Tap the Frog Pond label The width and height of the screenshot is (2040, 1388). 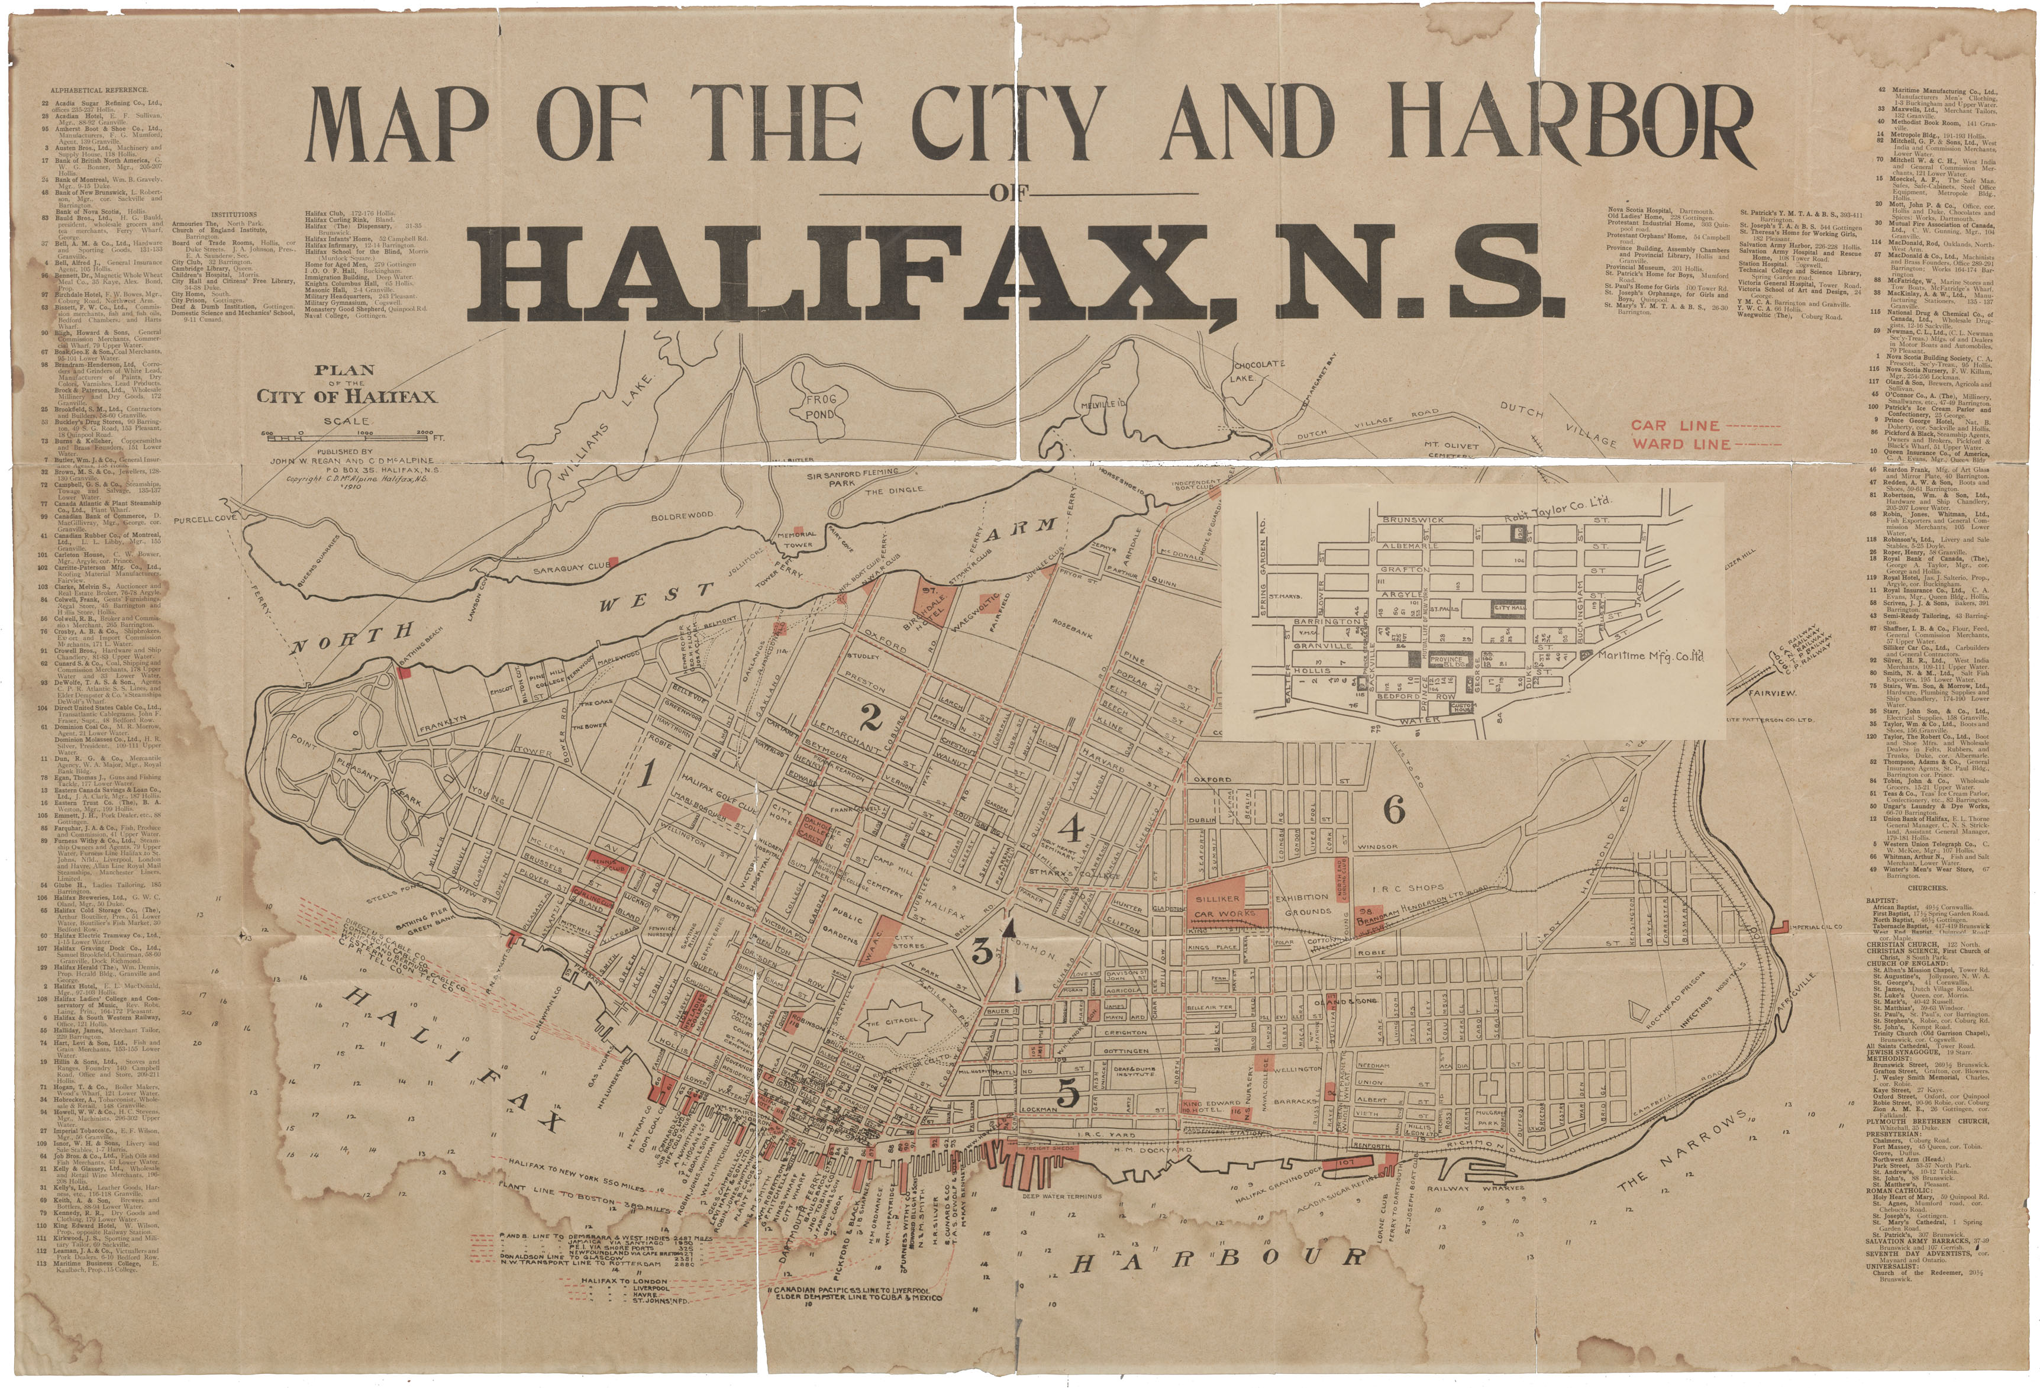tap(821, 406)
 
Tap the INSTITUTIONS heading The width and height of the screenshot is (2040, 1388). tap(234, 214)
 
